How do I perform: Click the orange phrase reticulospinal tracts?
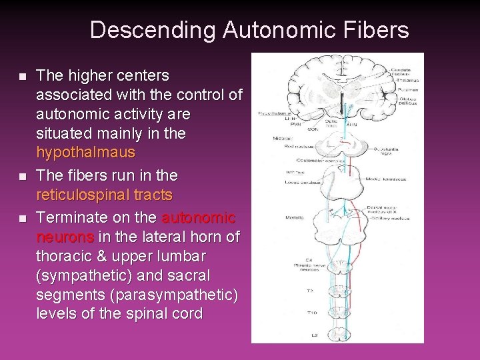(x=104, y=195)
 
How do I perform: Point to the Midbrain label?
(x=261, y=137)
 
